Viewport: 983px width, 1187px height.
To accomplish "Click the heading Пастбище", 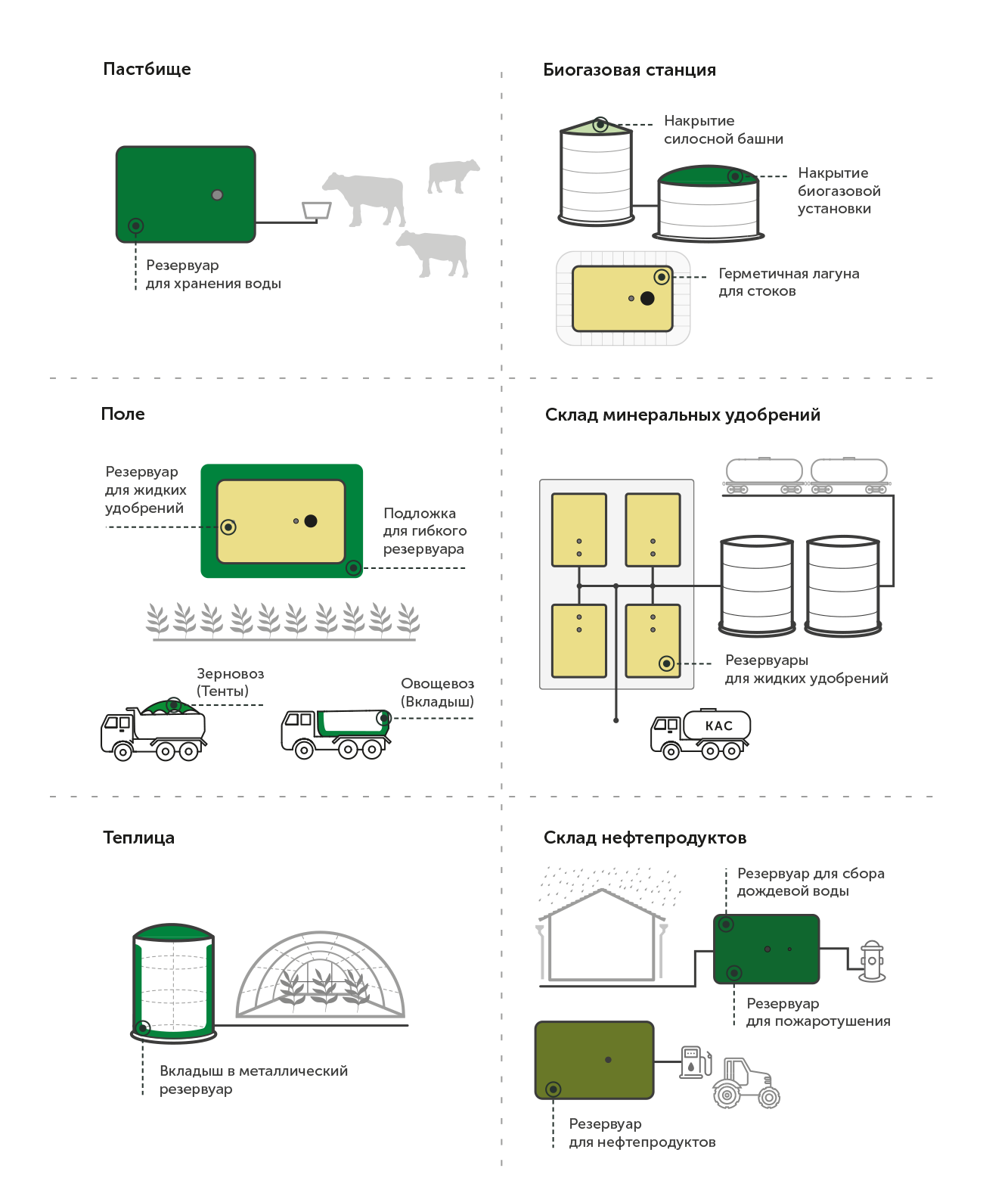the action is click(147, 69).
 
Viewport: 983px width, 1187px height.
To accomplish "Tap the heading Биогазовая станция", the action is click(629, 70).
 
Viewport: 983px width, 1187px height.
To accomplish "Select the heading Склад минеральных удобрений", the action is click(682, 415).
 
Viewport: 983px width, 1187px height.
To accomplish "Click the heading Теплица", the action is click(138, 837).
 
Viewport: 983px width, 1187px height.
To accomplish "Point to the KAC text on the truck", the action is click(719, 726).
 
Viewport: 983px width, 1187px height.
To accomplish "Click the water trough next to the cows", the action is click(317, 210).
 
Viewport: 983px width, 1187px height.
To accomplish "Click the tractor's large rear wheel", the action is click(727, 1094).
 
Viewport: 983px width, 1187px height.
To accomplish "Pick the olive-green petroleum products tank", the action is click(594, 1060).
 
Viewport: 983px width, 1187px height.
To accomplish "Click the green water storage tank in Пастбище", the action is click(186, 194).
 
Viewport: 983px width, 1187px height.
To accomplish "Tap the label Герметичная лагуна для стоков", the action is click(789, 282).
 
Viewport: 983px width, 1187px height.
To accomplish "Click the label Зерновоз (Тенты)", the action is click(230, 682).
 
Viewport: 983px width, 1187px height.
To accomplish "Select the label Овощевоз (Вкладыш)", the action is click(438, 692).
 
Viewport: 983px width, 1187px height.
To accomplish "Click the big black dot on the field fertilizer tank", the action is click(311, 520).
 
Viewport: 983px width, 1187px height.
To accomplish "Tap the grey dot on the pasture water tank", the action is click(217, 195).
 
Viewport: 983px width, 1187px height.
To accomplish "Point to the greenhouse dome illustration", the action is click(321, 974).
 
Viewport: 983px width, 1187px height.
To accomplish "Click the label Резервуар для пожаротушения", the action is click(818, 1012).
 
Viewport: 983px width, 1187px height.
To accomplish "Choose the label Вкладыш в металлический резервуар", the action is click(253, 1080).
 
